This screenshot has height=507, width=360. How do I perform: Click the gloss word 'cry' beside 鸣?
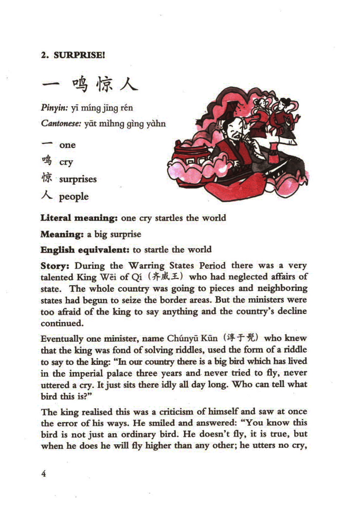66,162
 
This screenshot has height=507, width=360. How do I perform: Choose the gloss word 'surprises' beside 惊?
78,179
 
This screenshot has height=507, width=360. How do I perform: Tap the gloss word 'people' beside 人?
74,197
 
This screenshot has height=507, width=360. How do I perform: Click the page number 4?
44,474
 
